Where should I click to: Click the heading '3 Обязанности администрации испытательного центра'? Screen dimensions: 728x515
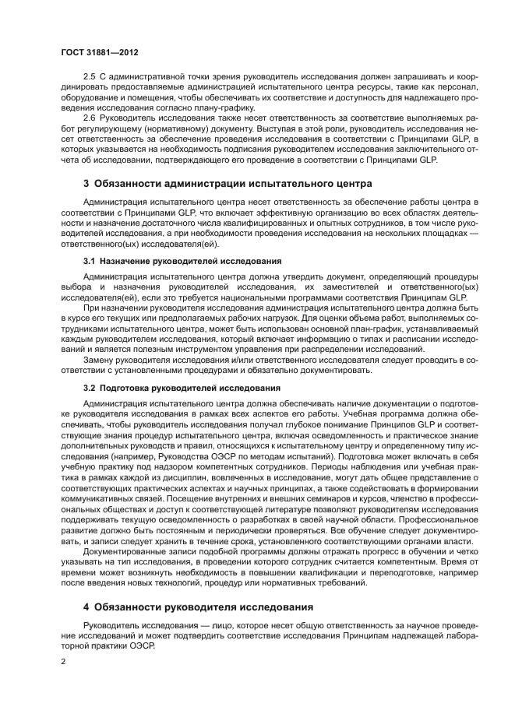[217, 184]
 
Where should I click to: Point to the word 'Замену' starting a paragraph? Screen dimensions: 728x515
[99, 360]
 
